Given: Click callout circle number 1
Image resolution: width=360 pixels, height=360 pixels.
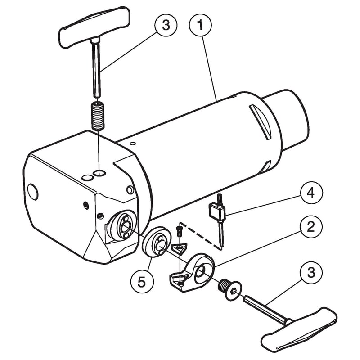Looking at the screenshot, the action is (x=200, y=25).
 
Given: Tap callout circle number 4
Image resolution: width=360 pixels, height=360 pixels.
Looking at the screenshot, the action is (x=311, y=193).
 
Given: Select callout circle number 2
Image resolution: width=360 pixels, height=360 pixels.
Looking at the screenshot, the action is (x=311, y=227).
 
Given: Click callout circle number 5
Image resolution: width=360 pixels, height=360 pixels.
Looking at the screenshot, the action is (x=142, y=282).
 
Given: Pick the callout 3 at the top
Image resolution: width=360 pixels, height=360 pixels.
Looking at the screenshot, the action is (x=166, y=25).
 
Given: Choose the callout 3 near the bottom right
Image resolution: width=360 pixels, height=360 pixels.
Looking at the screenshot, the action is (x=311, y=273).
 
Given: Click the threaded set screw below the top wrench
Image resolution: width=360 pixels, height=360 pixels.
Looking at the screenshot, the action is (x=98, y=116).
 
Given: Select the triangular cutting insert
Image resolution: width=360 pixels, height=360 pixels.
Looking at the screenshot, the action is (x=179, y=249).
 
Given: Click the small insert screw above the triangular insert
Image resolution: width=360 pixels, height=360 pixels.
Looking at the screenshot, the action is (x=179, y=232).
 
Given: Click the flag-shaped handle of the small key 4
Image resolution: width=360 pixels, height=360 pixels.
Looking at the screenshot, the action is (x=216, y=211).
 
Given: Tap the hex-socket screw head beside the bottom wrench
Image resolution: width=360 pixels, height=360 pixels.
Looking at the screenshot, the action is (x=230, y=290).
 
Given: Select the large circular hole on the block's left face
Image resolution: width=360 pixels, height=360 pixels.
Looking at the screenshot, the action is (x=33, y=192).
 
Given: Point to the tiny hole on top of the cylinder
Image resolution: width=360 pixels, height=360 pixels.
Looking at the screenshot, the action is (x=132, y=144).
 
